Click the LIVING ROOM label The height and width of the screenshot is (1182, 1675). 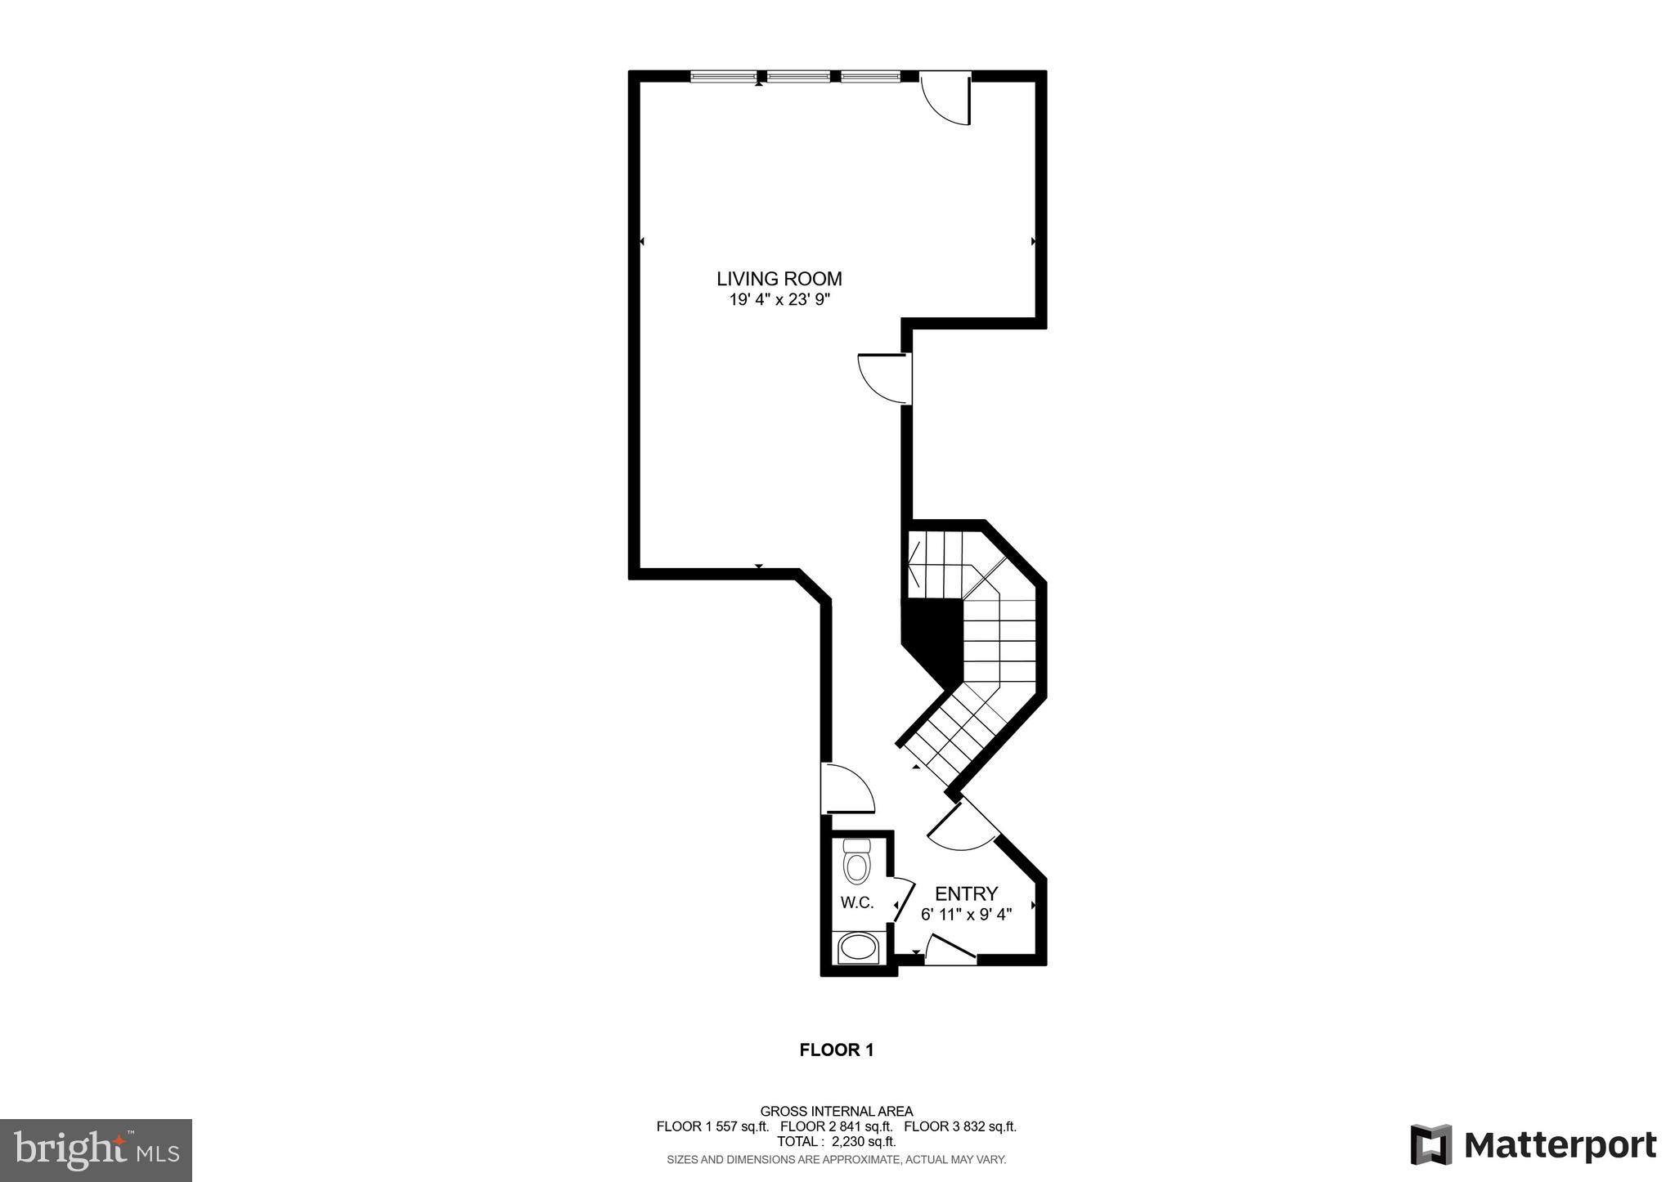tap(779, 279)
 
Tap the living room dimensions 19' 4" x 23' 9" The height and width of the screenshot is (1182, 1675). tap(779, 300)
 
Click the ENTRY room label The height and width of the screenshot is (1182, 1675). tap(966, 893)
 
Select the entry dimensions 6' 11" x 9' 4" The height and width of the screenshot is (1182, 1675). tap(966, 915)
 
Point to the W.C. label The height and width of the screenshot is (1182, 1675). tap(857, 903)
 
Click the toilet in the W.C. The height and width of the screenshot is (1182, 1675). tap(857, 863)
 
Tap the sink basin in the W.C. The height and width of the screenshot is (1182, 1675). tap(858, 948)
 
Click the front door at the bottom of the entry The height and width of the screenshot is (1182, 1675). tap(951, 948)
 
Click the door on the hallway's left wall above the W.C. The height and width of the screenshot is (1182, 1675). tap(846, 788)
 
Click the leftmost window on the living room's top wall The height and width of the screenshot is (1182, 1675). tap(724, 77)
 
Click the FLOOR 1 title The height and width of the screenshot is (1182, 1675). tap(836, 1050)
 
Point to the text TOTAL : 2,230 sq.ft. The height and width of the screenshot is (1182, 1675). tap(836, 1142)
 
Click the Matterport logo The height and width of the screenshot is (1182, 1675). tap(1533, 1144)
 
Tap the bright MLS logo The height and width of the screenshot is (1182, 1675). tap(97, 1151)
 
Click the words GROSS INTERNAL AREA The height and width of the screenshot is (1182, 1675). tap(836, 1112)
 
